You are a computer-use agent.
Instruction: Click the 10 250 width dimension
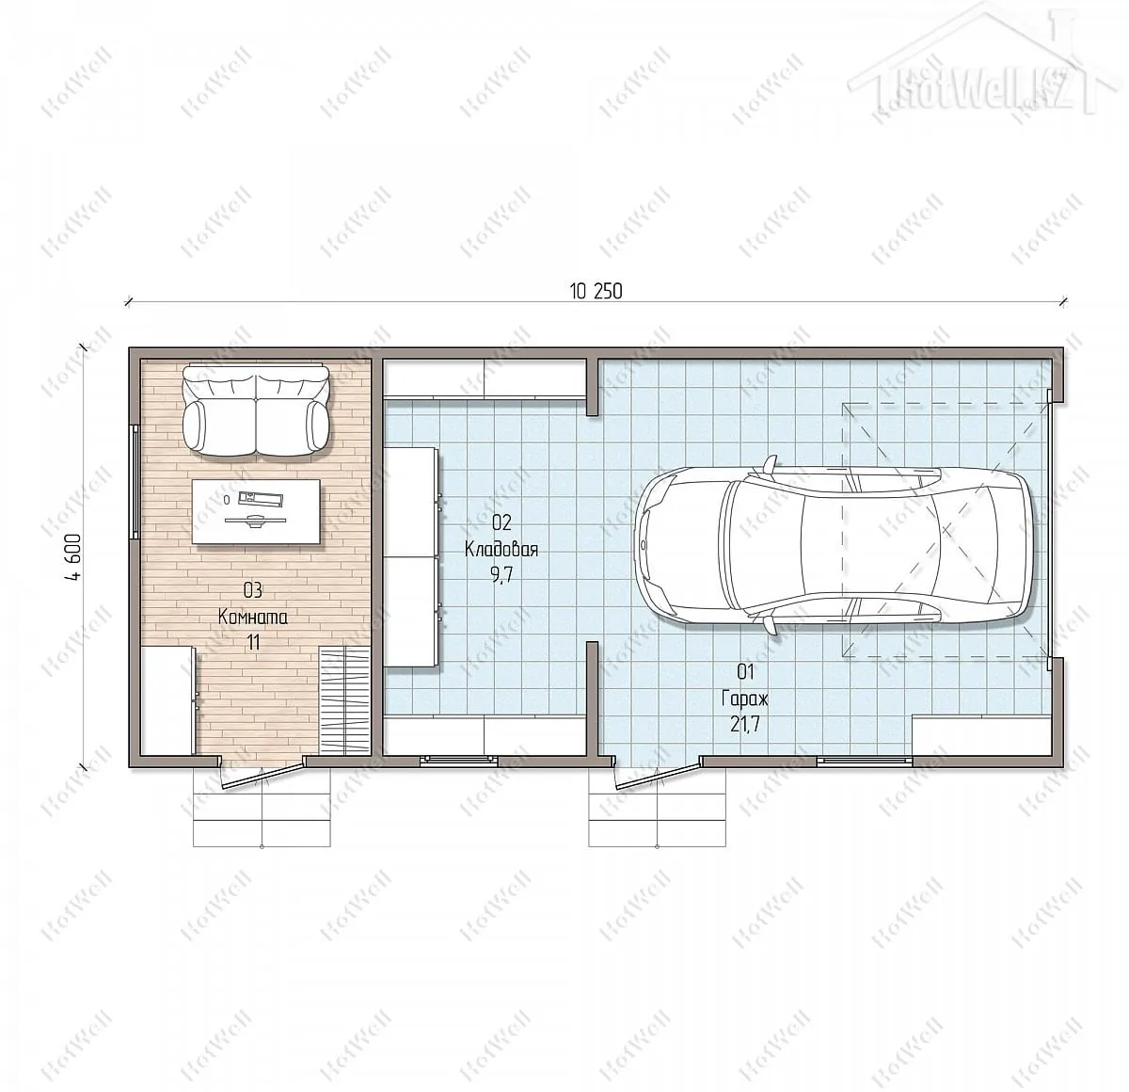[596, 291]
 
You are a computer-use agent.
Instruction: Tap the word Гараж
[745, 699]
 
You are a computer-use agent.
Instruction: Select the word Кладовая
[501, 549]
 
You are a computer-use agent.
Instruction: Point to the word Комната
[253, 617]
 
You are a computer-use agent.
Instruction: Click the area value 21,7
[745, 725]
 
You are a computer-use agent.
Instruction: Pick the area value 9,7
[501, 575]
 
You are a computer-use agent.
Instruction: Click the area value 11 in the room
[253, 643]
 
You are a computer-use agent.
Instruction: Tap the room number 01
[745, 672]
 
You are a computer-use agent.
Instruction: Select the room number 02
[501, 522]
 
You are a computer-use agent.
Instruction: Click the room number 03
[253, 590]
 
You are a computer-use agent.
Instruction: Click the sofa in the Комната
[257, 409]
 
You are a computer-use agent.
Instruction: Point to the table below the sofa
[256, 511]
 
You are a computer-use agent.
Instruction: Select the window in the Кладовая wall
[459, 760]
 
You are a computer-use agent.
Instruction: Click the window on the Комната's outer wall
[135, 481]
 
